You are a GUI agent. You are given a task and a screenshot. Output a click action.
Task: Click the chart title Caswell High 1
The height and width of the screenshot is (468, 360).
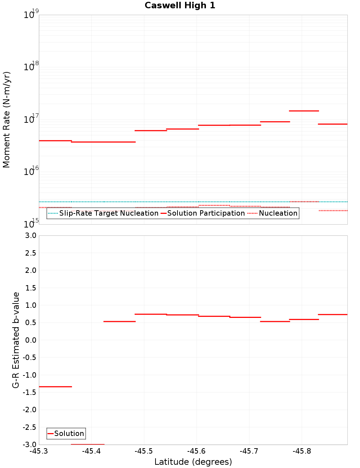180,5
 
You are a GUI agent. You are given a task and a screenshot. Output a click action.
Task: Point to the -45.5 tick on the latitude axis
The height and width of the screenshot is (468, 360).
144,451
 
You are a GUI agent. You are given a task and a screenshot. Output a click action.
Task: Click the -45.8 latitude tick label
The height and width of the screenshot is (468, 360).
302,451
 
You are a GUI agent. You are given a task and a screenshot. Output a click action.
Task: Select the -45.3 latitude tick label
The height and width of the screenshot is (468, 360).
39,451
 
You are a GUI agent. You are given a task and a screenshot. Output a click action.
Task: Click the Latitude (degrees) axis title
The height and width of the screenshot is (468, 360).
193,462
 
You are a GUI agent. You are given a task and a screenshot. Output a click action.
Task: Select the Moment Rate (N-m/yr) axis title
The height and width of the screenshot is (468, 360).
6,120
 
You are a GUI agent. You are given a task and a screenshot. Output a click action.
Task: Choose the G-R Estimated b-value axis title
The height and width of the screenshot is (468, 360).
16,340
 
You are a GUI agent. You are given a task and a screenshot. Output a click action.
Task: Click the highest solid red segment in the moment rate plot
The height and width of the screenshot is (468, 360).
304,111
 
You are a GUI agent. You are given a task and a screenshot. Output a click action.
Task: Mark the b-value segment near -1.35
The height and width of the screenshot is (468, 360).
55,387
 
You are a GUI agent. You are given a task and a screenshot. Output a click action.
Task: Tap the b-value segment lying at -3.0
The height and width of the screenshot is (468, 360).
87,444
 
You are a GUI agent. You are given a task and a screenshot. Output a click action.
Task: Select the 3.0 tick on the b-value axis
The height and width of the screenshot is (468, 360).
30,235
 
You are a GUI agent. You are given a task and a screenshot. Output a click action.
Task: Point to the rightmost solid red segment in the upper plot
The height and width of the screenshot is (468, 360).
333,124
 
